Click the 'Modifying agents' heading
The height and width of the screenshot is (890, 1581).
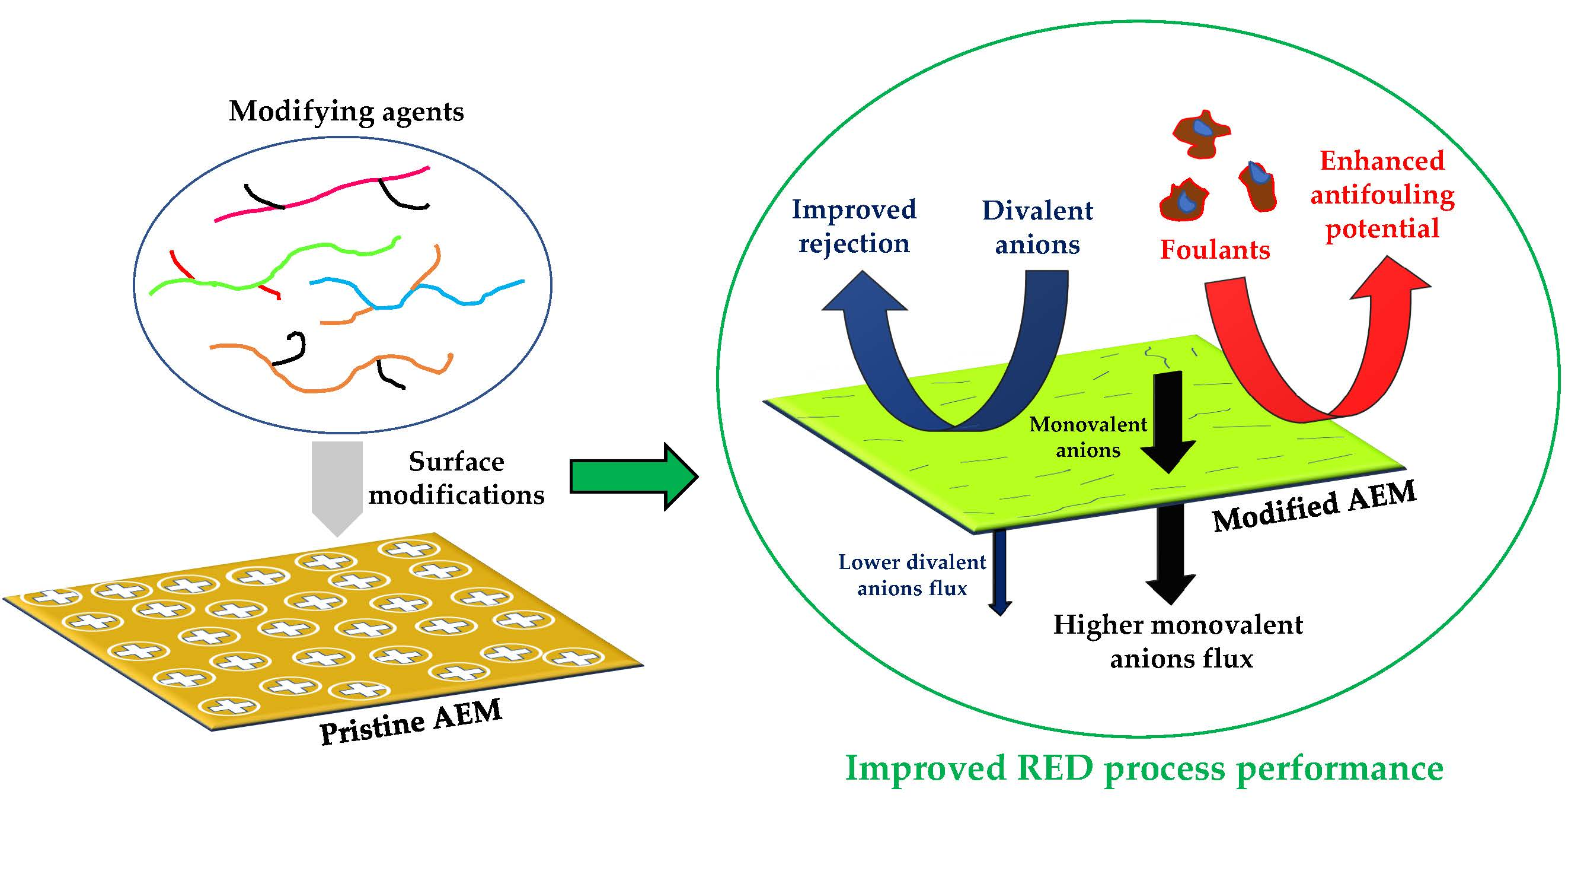point(346,112)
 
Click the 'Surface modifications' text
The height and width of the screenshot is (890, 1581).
point(456,478)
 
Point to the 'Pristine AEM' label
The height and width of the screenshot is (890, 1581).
point(411,722)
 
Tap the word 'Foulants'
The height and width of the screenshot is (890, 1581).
point(1215,250)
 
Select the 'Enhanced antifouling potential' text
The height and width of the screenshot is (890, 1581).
point(1382,195)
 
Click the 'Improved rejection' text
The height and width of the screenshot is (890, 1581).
point(854,227)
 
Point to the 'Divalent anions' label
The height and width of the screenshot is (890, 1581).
point(1037,228)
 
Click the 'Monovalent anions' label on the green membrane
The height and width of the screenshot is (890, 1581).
point(1088,437)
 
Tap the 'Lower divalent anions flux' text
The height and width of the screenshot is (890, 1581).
point(912,576)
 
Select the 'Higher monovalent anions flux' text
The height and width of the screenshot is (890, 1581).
point(1178,642)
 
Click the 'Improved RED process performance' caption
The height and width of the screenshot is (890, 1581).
point(1144,768)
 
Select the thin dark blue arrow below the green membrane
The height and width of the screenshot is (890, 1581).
point(1000,571)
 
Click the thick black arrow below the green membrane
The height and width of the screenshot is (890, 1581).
point(1170,553)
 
